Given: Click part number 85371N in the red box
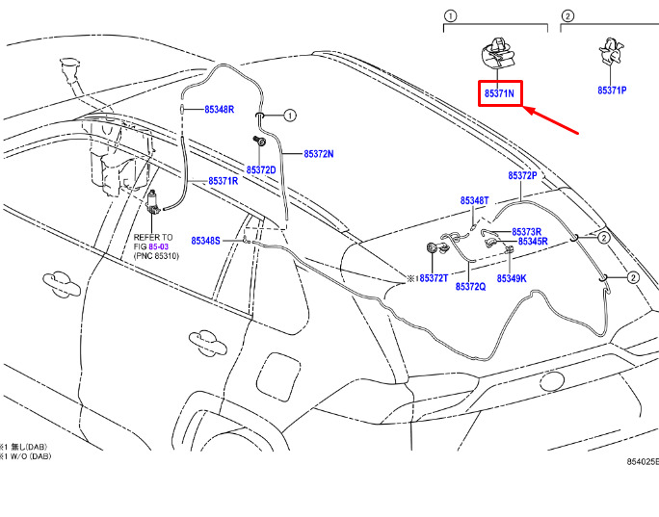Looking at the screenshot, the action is click(499, 93).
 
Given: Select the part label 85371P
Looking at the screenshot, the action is click(612, 90).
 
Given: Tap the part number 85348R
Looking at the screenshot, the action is click(219, 109).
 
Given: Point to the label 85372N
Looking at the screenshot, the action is click(319, 154).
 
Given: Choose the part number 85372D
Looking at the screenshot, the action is click(261, 170).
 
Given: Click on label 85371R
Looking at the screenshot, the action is click(224, 181).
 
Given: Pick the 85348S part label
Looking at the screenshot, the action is click(205, 241).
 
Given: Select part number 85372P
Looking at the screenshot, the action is click(522, 175).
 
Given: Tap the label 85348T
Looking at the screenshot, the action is click(474, 201).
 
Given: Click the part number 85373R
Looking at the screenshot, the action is click(527, 232).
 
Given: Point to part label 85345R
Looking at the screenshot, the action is click(533, 242).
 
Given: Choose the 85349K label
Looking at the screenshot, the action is click(512, 278).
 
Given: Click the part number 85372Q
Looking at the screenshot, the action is click(471, 287).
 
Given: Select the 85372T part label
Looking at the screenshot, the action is click(434, 278).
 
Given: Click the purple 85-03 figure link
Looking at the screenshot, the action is click(158, 246).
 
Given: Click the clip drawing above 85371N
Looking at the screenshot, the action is click(498, 53).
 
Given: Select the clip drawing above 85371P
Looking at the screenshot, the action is click(611, 52).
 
